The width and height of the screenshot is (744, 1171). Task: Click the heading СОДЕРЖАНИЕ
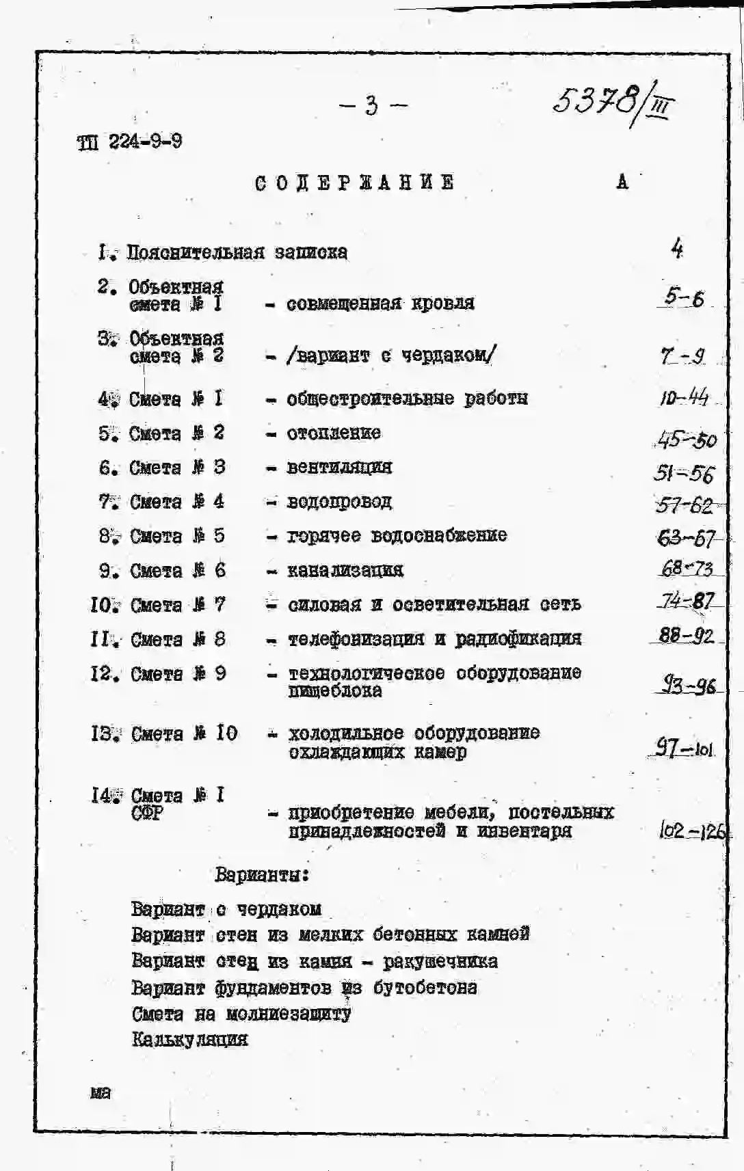(x=354, y=183)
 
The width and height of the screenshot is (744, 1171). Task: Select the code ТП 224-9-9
(x=129, y=142)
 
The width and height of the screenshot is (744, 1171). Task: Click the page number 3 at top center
(x=371, y=106)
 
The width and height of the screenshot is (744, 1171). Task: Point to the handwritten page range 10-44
(x=684, y=397)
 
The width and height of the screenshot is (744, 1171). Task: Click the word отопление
(x=334, y=433)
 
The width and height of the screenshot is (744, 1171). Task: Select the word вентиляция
(x=339, y=467)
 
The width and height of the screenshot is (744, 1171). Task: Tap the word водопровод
(x=339, y=502)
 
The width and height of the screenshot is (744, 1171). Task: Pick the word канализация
(x=345, y=570)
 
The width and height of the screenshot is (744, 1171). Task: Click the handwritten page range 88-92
(x=686, y=636)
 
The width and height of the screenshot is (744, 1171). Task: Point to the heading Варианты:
(x=262, y=874)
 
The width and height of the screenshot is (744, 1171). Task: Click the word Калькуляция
(x=189, y=1040)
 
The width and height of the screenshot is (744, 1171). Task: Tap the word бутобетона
(x=425, y=988)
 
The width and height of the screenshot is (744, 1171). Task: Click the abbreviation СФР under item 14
(x=147, y=813)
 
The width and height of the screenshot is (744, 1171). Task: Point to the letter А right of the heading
(x=622, y=182)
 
